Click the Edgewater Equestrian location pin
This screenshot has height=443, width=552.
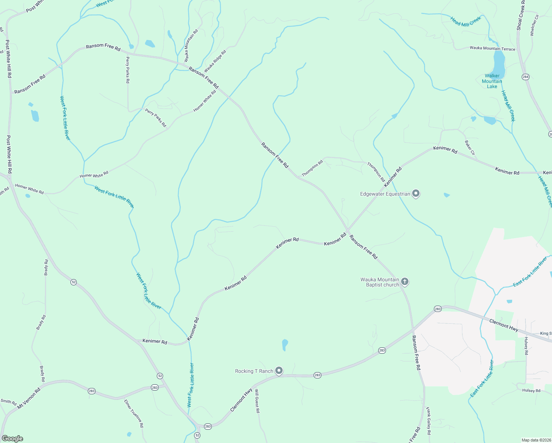[416, 193]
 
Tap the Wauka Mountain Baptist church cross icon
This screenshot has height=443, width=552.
[405, 282]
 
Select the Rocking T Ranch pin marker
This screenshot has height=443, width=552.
[279, 371]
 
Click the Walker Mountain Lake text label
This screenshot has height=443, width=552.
[492, 81]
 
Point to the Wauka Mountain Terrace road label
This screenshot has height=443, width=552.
[492, 48]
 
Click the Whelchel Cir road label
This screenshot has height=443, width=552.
[534, 25]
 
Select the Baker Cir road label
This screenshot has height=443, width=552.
[470, 147]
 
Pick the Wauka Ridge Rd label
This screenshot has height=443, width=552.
[215, 61]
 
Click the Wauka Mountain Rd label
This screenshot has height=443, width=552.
[191, 45]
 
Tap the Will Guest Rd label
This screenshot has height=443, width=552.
[257, 401]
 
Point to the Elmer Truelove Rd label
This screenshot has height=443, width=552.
[134, 413]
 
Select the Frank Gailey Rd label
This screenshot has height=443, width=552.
[428, 421]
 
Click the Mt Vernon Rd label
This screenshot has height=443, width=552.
[29, 398]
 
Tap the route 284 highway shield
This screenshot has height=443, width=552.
[525, 77]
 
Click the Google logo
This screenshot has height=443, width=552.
[13, 439]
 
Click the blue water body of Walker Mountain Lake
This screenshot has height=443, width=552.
[498, 63]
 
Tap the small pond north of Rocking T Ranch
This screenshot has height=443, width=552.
[284, 345]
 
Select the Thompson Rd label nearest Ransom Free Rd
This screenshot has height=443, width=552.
[312, 168]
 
